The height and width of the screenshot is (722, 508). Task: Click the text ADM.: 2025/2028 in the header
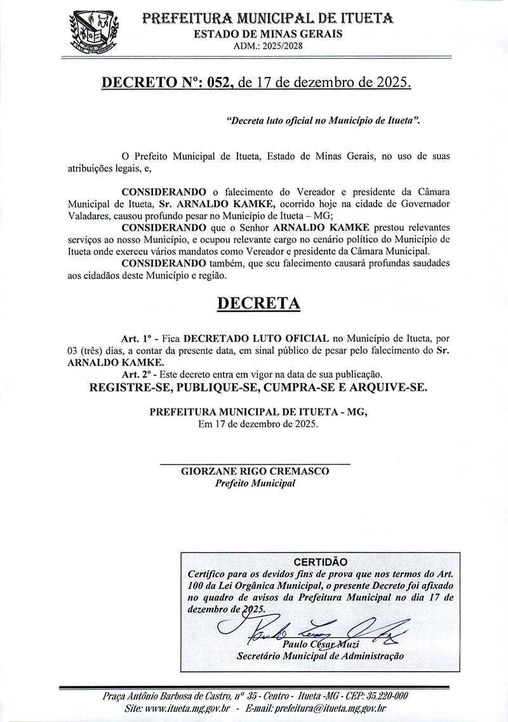click(268, 45)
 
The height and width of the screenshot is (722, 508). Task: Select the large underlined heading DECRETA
click(258, 303)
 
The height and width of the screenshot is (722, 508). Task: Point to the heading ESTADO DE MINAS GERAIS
click(268, 34)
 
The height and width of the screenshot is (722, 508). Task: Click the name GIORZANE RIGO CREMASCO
click(255, 472)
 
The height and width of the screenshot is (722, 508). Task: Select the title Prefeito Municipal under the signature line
click(255, 484)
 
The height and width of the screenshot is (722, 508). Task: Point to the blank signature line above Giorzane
click(255, 464)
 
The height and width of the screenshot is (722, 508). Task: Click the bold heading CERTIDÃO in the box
click(321, 562)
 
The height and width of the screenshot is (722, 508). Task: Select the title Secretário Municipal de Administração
click(320, 656)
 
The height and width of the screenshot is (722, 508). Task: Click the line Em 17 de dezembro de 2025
click(258, 424)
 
